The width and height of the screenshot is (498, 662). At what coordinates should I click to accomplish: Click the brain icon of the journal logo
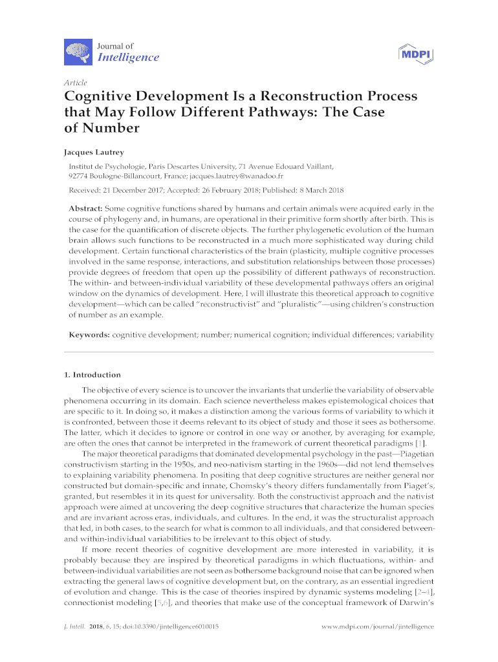(x=77, y=51)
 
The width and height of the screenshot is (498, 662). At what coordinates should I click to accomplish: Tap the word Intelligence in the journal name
(x=127, y=58)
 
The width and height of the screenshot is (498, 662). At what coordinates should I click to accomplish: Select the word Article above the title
(x=76, y=83)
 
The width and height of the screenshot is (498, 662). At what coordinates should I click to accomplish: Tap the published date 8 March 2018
(x=318, y=191)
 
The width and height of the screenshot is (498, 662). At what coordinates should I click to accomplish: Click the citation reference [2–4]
(x=424, y=592)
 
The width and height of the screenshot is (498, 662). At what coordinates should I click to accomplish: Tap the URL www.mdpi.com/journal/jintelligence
(x=377, y=627)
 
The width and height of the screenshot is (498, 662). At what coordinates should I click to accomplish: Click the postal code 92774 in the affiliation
(x=80, y=175)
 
